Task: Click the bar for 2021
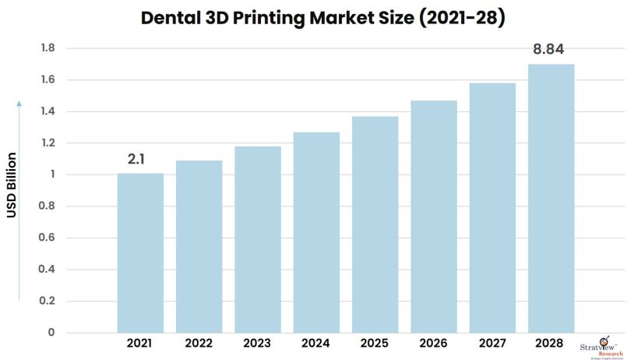(140, 253)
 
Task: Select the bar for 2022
(199, 247)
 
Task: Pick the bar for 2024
(316, 233)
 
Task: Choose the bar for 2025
(375, 225)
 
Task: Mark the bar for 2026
(434, 217)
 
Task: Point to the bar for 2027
(492, 208)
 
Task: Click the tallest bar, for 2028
(551, 199)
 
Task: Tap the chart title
(317, 18)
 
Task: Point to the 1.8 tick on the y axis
(48, 48)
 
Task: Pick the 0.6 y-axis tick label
(48, 238)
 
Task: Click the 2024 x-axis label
(316, 343)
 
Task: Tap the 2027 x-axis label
(492, 343)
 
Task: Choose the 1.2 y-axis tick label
(48, 143)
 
